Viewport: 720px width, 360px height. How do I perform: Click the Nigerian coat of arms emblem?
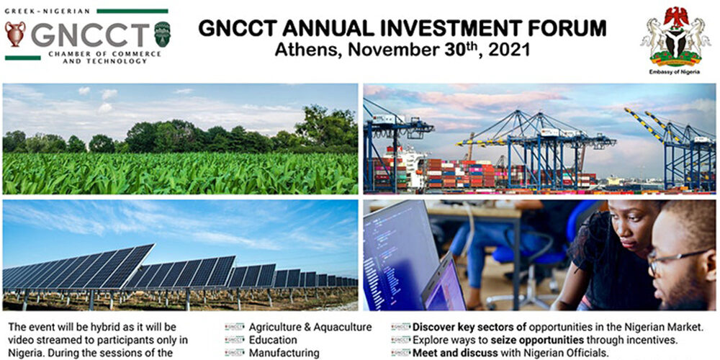coord(675,37)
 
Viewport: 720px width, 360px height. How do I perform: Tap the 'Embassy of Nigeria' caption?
coord(675,72)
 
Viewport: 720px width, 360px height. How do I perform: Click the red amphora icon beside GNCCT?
coord(15,35)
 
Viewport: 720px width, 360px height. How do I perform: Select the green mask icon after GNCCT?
coord(162,34)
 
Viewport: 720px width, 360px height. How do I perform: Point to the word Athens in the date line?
coord(305,49)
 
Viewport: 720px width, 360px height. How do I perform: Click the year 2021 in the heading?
coord(509,49)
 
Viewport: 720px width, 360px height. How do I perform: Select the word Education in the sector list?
coord(273,341)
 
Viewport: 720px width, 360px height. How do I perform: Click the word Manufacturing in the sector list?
coord(284,353)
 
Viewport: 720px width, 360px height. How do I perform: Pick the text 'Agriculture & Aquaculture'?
coord(310,328)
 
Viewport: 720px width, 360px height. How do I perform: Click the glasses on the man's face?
coord(680,260)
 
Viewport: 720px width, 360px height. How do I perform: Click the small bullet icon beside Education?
coord(234,341)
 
